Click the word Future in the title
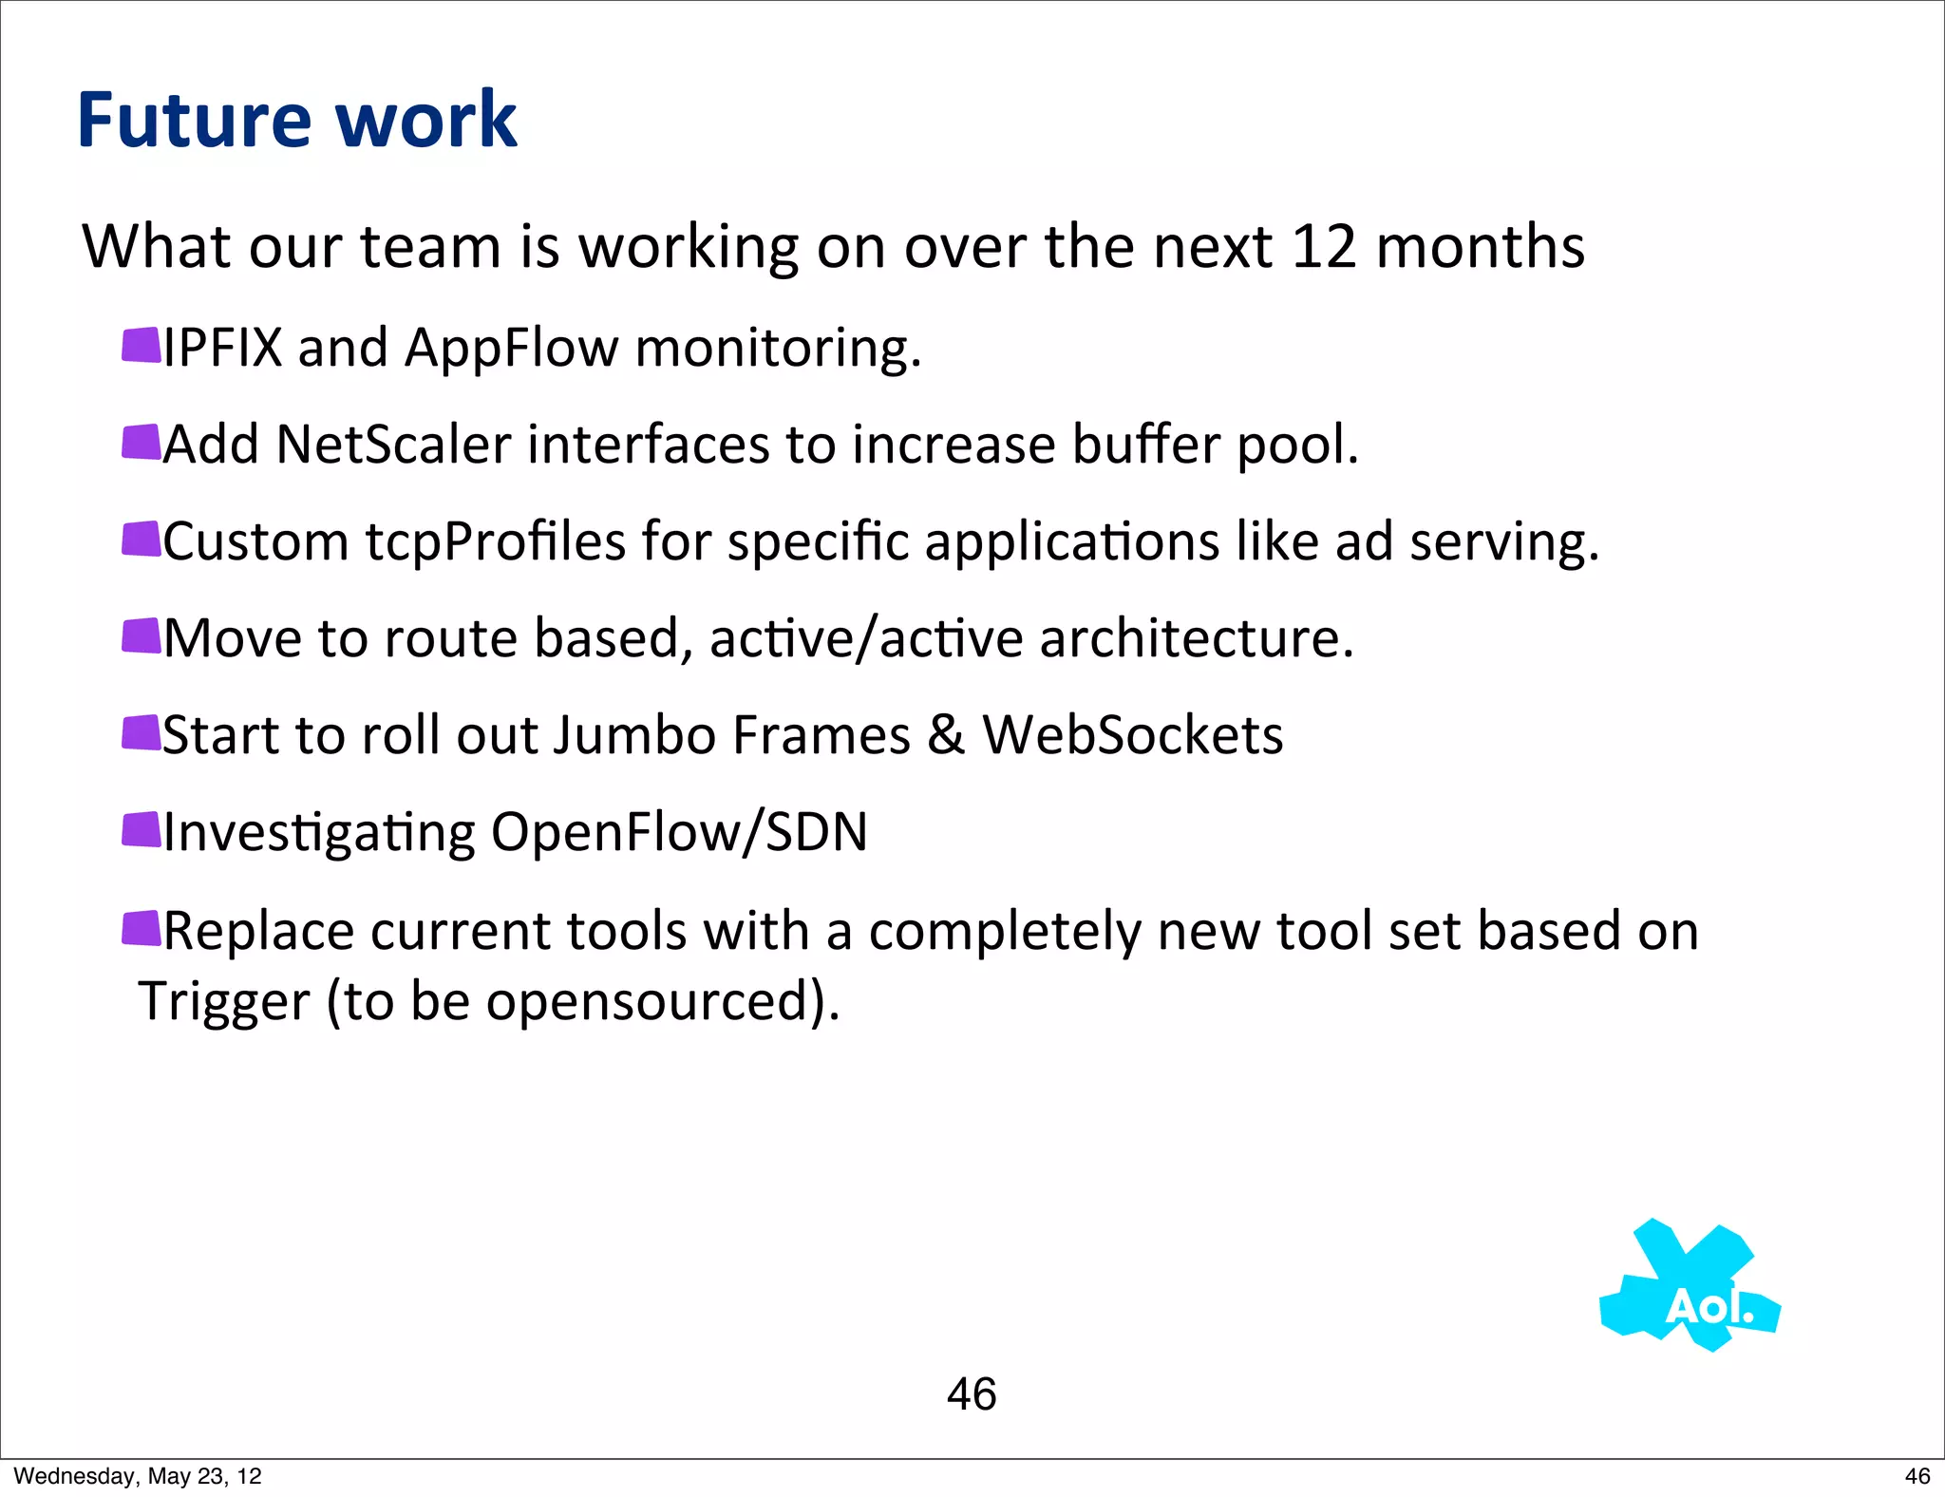point(194,120)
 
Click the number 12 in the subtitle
point(1324,247)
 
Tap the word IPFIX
point(223,348)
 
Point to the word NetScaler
point(393,445)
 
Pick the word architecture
point(1196,638)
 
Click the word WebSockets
point(1132,736)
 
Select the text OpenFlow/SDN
point(679,833)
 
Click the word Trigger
point(224,1003)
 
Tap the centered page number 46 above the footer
point(972,1394)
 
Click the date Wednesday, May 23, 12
point(138,1476)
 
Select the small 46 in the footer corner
point(1917,1476)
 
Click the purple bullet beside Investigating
point(142,829)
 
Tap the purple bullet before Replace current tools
point(142,928)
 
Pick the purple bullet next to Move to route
point(142,635)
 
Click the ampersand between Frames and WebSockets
point(946,736)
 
